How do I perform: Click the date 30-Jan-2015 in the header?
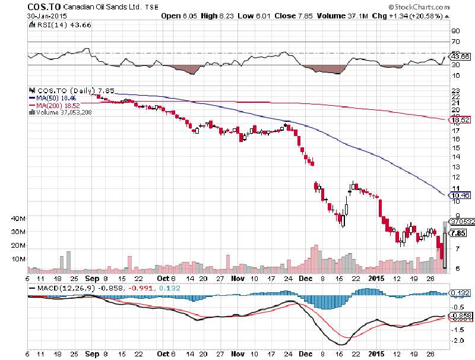[46, 17]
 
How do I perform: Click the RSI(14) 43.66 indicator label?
[54, 26]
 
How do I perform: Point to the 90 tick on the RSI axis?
[456, 30]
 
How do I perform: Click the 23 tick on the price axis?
[455, 90]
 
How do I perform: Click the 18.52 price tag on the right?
[461, 120]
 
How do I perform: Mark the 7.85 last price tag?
[458, 233]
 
